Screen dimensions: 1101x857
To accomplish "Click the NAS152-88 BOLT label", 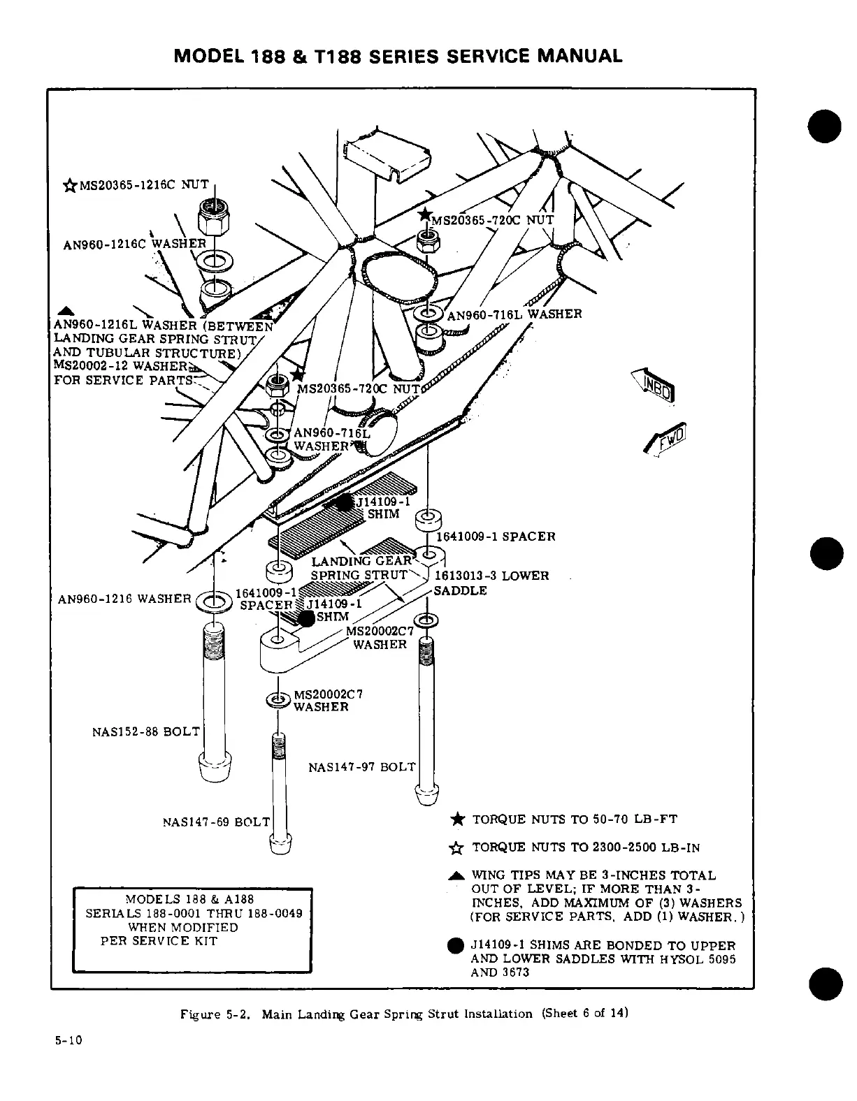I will click(145, 732).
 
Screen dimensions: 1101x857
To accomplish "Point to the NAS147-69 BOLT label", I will click(215, 822).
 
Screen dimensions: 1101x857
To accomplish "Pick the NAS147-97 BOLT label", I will click(361, 767).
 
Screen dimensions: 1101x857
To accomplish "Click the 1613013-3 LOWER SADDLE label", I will click(491, 583).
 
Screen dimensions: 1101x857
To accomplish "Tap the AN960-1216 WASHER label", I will click(124, 599).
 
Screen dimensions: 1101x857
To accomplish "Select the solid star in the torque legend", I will click(456, 819).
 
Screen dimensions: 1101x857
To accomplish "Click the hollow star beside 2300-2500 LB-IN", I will click(456, 848).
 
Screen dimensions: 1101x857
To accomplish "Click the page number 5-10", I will click(69, 1040).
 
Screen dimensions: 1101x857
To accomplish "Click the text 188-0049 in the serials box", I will click(275, 913).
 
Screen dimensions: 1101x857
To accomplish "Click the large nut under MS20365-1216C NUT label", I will click(210, 213).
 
